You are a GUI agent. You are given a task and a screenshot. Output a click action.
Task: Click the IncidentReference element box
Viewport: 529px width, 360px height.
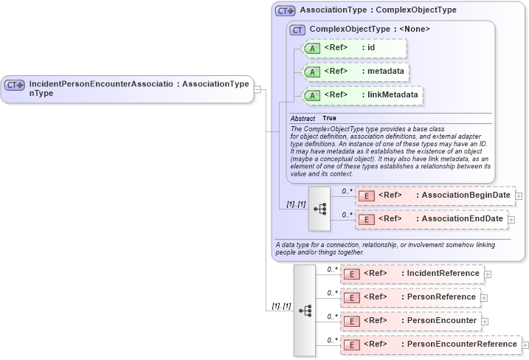412,274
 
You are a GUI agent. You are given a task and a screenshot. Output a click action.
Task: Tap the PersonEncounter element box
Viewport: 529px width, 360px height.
410,321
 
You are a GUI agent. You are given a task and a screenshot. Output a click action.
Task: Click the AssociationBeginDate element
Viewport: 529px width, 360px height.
435,195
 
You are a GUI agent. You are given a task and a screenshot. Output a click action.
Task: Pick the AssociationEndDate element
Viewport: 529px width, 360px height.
431,219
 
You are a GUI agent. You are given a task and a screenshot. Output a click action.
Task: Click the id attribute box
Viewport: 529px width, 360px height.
354,49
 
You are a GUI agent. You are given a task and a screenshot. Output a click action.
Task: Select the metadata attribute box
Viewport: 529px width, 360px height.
356,72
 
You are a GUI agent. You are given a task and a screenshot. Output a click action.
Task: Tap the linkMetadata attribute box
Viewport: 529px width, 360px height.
363,95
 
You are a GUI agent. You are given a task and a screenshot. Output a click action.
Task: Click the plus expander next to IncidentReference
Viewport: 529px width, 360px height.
488,274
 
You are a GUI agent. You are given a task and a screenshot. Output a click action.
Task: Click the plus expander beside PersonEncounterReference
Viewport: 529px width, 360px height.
525,345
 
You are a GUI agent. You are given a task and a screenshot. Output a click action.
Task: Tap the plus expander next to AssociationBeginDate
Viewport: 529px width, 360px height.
519,196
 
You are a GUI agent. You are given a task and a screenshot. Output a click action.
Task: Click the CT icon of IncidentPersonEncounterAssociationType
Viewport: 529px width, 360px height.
15,85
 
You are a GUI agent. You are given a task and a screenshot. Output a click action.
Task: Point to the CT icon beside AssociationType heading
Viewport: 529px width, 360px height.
285,10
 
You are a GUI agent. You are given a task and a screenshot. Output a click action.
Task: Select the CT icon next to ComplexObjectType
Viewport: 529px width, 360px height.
297,30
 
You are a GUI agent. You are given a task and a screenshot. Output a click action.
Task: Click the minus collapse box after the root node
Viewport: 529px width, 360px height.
257,89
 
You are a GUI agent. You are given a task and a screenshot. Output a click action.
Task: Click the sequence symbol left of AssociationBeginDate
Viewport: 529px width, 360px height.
319,209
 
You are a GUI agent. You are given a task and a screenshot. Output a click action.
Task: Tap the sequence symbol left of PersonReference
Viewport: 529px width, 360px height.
305,311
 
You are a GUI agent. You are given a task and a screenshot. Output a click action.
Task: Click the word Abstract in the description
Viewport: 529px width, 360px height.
302,118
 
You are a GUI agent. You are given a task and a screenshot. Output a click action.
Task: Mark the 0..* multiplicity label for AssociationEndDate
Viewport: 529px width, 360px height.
347,215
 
